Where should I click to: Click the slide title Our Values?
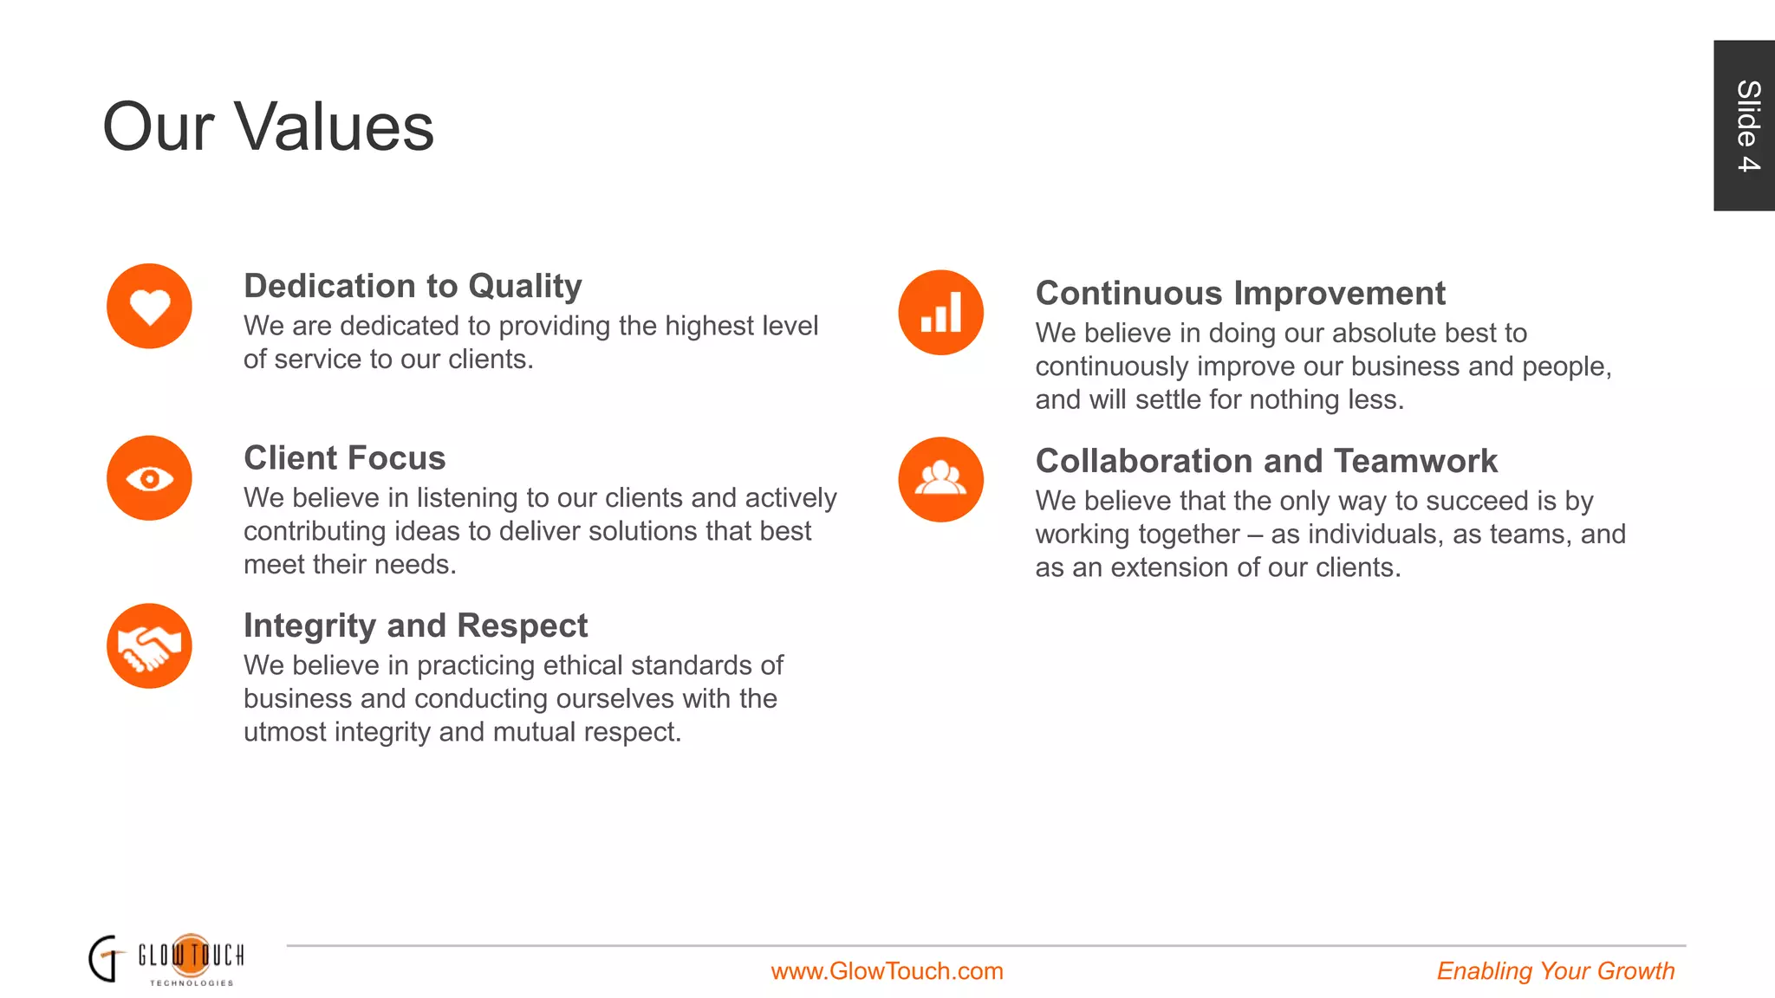[268, 126]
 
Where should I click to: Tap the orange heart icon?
[149, 307]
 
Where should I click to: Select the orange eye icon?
[149, 478]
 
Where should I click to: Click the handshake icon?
[149, 646]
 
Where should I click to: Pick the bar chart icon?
[940, 313]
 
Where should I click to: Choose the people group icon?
[940, 479]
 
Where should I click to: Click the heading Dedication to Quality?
[413, 286]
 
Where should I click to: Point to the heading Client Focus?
[344, 457]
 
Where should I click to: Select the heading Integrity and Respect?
[415, 625]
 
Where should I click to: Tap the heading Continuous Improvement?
[1240, 293]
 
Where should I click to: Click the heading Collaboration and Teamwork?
[1266, 461]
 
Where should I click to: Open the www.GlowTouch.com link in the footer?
[887, 971]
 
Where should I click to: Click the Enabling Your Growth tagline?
[1555, 971]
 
